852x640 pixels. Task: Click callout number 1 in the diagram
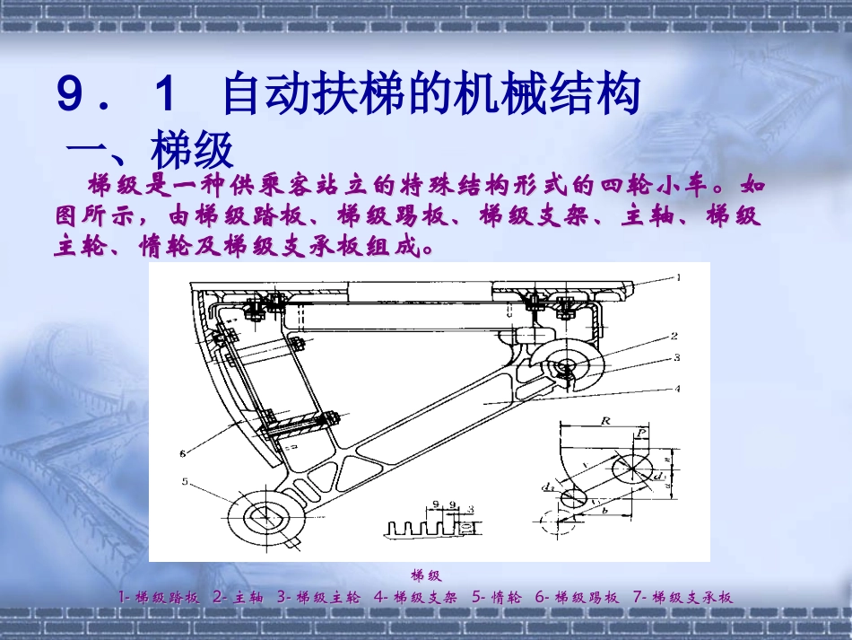[678, 278]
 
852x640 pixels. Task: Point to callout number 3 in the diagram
[678, 357]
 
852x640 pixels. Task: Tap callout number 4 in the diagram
[678, 389]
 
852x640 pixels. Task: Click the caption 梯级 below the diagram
[426, 575]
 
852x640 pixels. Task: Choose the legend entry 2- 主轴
[239, 597]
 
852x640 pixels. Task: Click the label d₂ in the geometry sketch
[545, 487]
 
